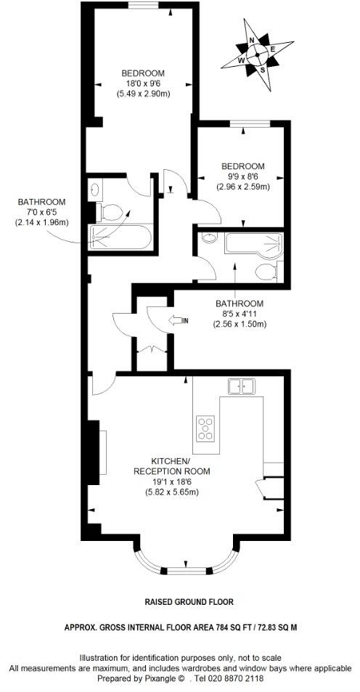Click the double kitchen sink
(242, 386)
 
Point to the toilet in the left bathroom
(110, 213)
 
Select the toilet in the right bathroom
(266, 271)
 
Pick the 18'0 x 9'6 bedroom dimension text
(143, 84)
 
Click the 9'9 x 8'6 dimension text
(242, 176)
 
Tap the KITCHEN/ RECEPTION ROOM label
(171, 466)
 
